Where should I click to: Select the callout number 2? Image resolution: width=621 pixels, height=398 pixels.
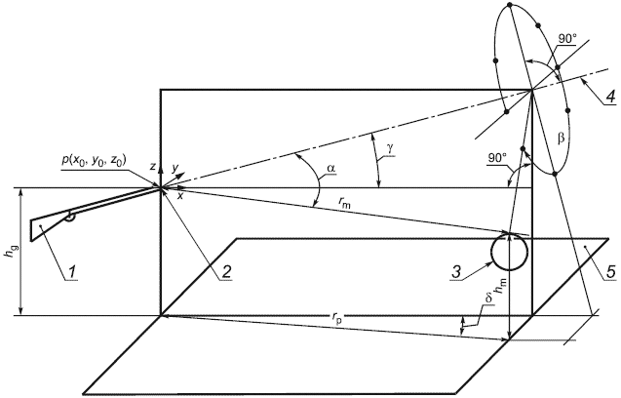click(225, 271)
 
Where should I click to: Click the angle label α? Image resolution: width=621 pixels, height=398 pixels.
click(331, 168)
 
